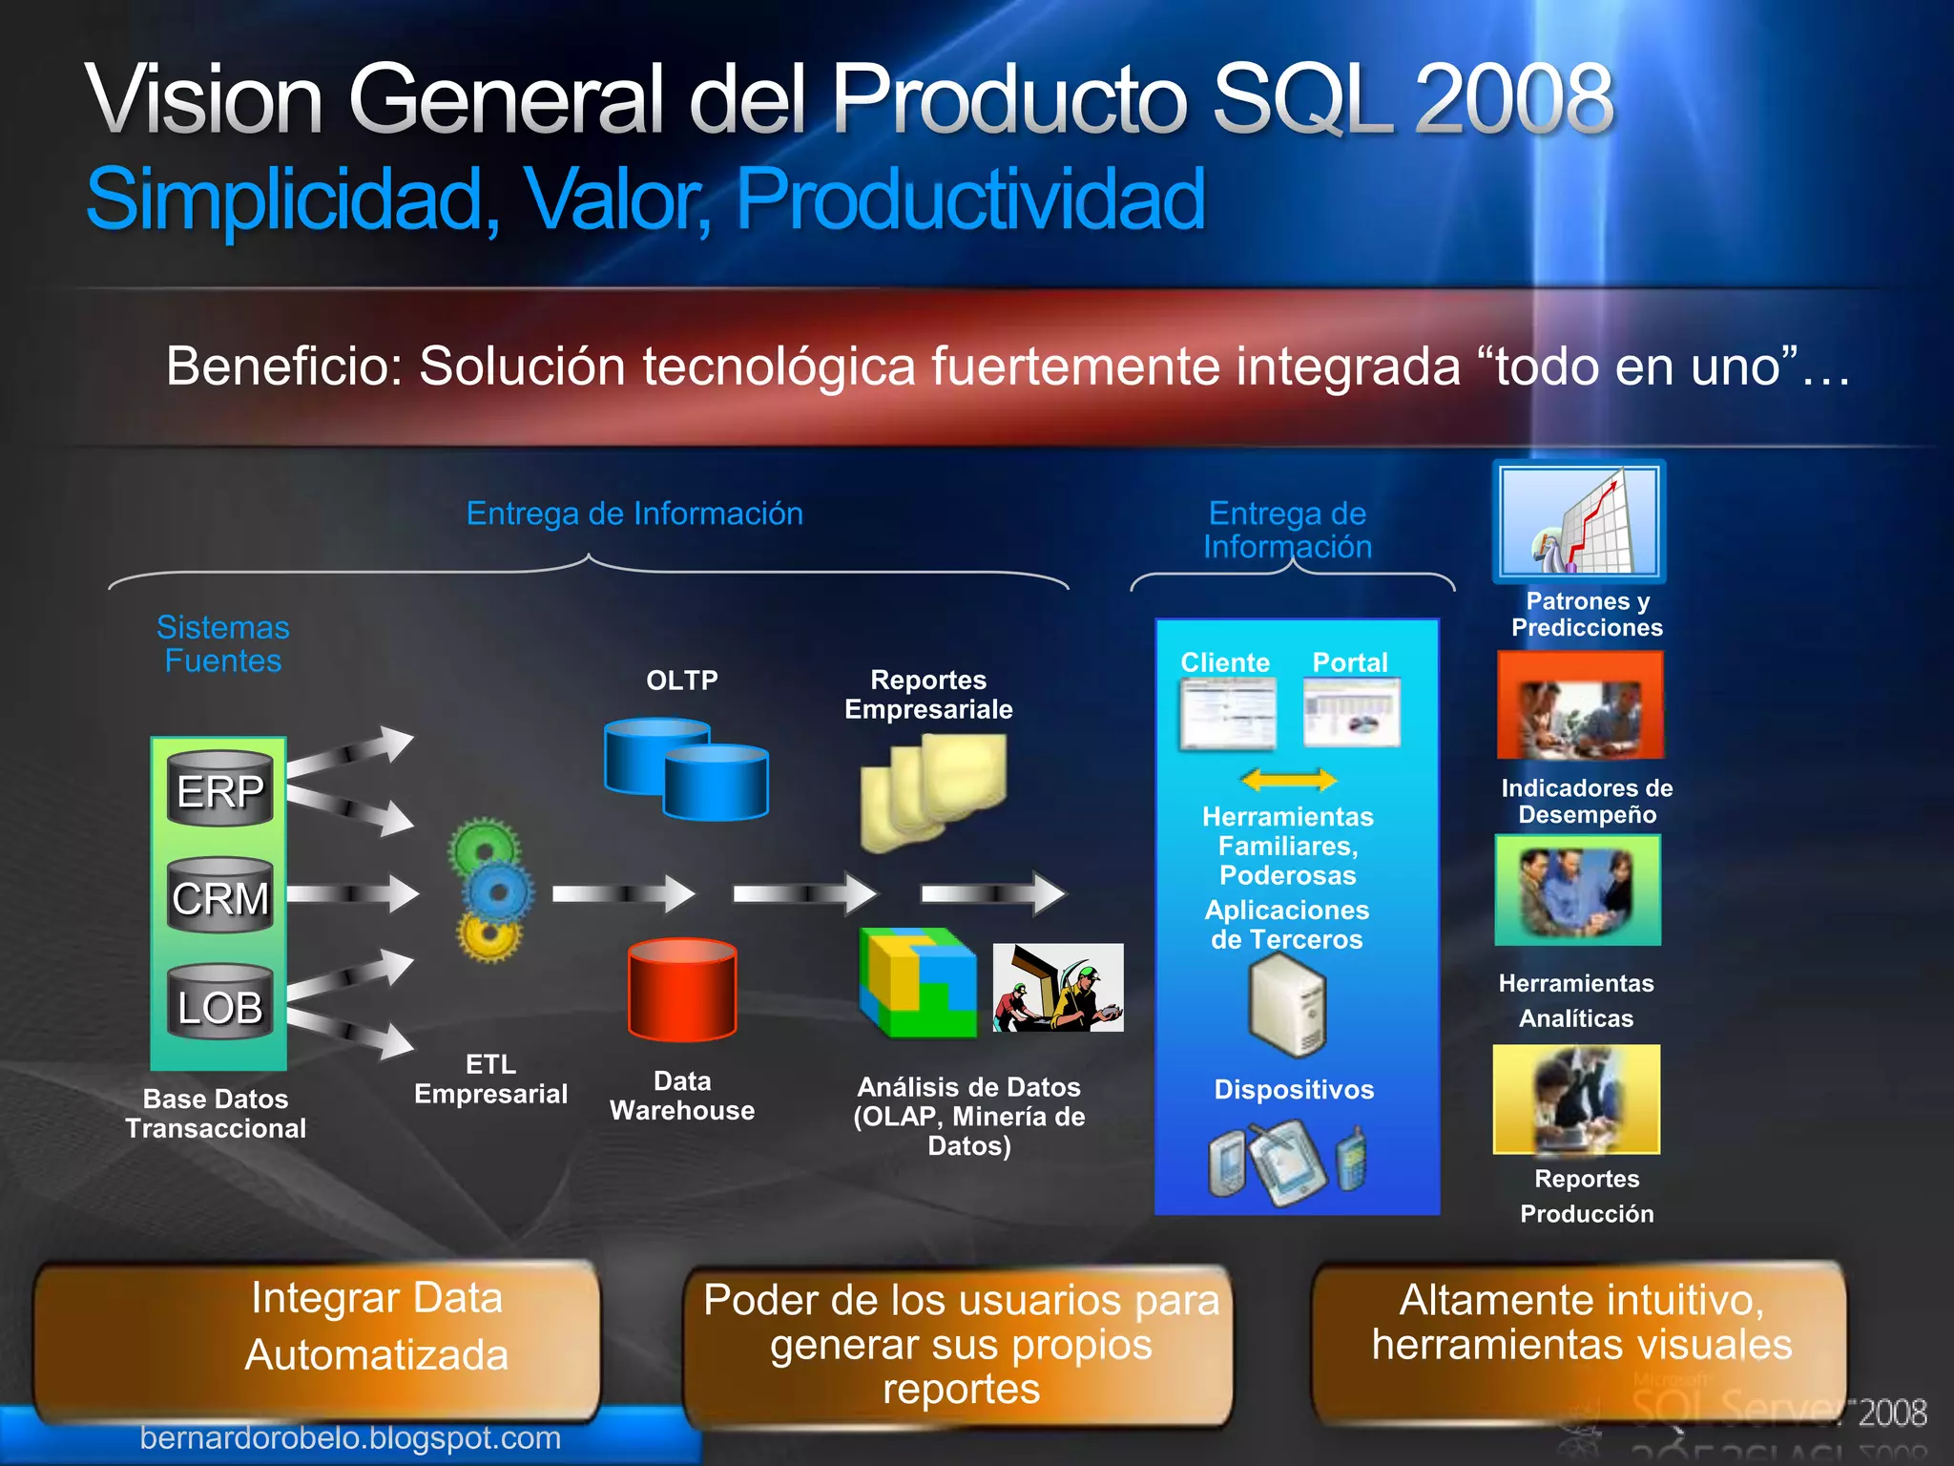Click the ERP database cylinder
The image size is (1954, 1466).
(x=220, y=789)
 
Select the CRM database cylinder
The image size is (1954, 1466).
(x=220, y=896)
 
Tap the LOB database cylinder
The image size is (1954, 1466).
(x=220, y=1004)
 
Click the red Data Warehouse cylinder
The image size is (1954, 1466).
(x=682, y=989)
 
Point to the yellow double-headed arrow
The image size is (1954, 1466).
(x=1288, y=780)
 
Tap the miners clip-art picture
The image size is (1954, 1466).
(x=1058, y=988)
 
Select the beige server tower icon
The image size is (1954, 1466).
(x=1287, y=1007)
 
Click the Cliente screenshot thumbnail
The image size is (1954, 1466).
(x=1227, y=714)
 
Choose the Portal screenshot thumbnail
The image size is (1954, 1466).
(x=1352, y=713)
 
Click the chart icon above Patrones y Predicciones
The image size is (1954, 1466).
(x=1579, y=521)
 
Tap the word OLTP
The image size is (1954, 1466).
(x=682, y=681)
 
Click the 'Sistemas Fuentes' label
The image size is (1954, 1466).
(x=222, y=644)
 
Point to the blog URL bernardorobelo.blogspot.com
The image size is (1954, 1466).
(x=350, y=1437)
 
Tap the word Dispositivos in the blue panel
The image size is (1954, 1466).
(x=1294, y=1090)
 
